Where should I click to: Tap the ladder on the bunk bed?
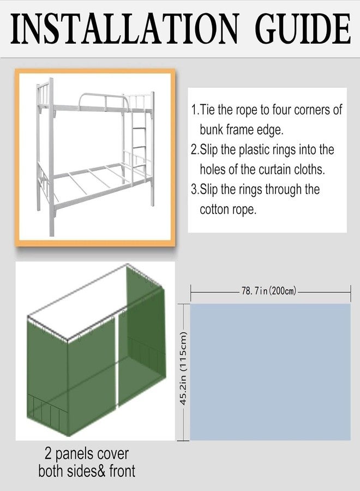(139, 145)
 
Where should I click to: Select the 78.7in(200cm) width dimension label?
(270, 291)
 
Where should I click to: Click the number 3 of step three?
(194, 190)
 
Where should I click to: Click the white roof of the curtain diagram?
(82, 297)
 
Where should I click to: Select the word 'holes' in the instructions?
(214, 170)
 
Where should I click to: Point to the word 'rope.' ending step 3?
(243, 209)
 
